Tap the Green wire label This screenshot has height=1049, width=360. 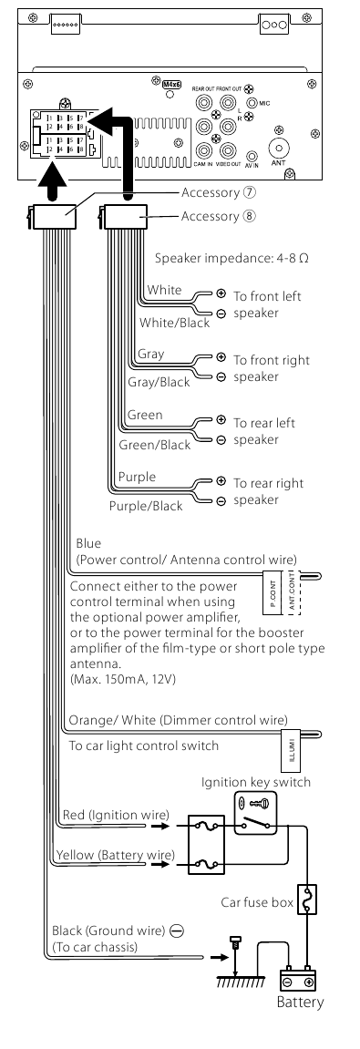click(145, 415)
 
